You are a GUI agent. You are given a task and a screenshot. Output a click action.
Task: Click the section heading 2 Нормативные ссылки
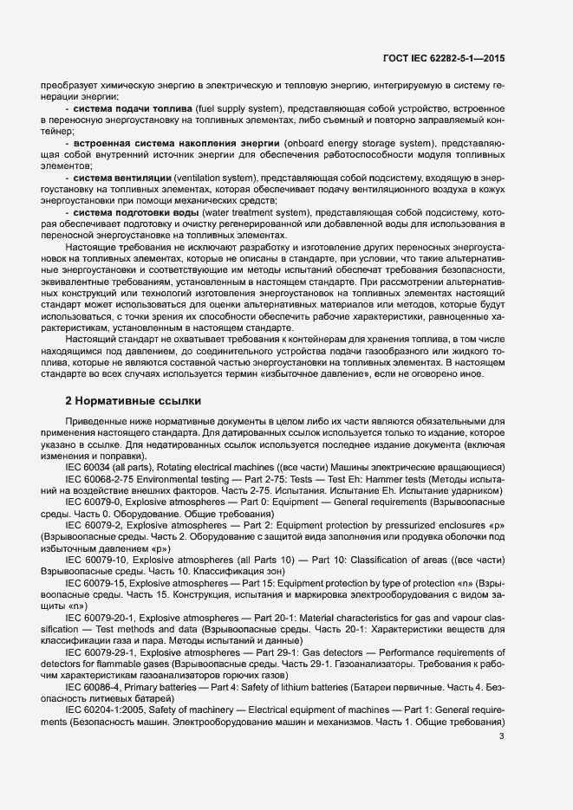tap(133, 401)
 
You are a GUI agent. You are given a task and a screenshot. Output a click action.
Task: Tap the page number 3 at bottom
tap(502, 737)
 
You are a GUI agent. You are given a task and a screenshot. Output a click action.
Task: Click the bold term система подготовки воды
tap(128, 212)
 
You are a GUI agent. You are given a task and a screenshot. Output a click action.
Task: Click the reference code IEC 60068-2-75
tap(105, 478)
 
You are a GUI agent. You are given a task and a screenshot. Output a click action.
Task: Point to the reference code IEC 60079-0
tap(97, 502)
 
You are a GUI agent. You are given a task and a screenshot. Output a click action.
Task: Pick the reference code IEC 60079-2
tap(97, 525)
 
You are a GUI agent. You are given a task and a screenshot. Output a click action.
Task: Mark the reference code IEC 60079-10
tap(100, 560)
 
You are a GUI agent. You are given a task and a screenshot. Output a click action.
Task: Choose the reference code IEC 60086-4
tap(97, 687)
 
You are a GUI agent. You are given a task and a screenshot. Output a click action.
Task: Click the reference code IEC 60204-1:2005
tap(108, 710)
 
